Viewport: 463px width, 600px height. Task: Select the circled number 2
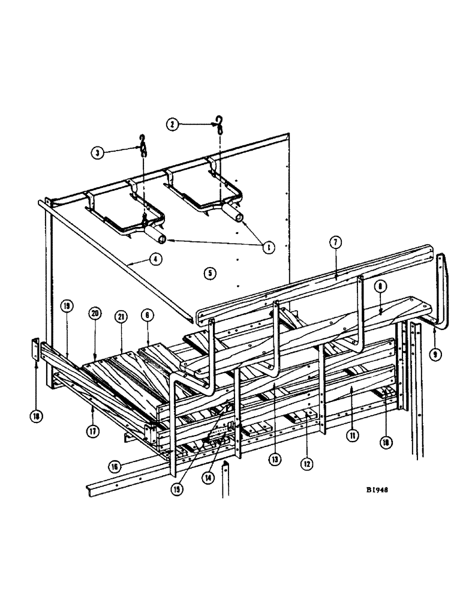(173, 124)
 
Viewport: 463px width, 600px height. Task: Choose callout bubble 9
(436, 354)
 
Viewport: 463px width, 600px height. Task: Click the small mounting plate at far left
(35, 350)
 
